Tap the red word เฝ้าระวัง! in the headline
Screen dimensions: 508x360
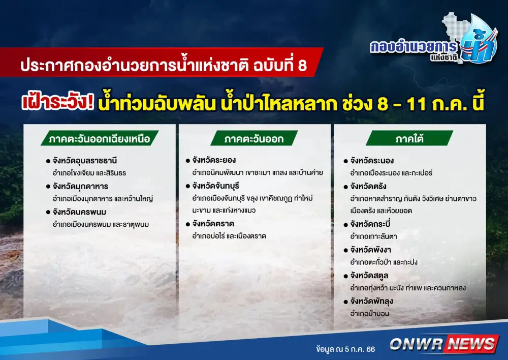pyautogui.click(x=58, y=102)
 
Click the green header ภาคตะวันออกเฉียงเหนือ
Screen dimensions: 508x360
pyautogui.click(x=100, y=138)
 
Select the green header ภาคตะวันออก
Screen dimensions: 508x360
pyautogui.click(x=254, y=138)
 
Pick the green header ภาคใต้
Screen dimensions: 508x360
pyautogui.click(x=409, y=138)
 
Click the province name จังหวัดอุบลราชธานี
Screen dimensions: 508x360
pyautogui.click(x=84, y=160)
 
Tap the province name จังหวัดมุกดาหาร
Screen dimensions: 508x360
pyautogui.click(x=80, y=186)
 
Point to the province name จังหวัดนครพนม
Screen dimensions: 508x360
pyautogui.click(x=79, y=212)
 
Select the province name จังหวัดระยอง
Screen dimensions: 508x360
pyautogui.click(x=214, y=160)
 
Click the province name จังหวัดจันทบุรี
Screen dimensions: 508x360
pyautogui.click(x=215, y=186)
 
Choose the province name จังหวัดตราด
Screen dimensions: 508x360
pyautogui.click(x=213, y=223)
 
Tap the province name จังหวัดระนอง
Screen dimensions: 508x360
pyautogui.click(x=372, y=160)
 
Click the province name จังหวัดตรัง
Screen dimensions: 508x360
pyautogui.click(x=368, y=186)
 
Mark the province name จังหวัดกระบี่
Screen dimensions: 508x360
pyautogui.click(x=370, y=224)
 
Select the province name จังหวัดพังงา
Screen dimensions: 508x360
pyautogui.click(x=370, y=250)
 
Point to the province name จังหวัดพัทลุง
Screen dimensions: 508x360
pyautogui.click(x=371, y=302)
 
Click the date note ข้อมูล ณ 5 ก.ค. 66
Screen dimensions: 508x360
pyautogui.click(x=345, y=349)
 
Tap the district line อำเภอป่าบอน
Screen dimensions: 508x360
pyautogui.click(x=369, y=313)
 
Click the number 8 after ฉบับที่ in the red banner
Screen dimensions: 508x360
pyautogui.click(x=302, y=65)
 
